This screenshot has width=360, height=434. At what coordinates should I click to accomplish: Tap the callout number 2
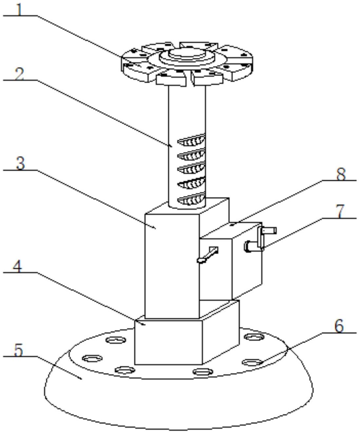click(x=20, y=75)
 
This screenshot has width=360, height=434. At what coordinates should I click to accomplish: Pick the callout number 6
click(x=339, y=327)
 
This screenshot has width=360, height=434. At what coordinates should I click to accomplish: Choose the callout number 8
click(x=341, y=174)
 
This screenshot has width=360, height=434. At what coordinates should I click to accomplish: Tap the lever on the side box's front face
click(x=207, y=255)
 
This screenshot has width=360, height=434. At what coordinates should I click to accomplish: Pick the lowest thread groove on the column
click(x=192, y=199)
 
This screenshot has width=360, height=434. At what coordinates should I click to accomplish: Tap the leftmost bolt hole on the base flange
click(x=90, y=358)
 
